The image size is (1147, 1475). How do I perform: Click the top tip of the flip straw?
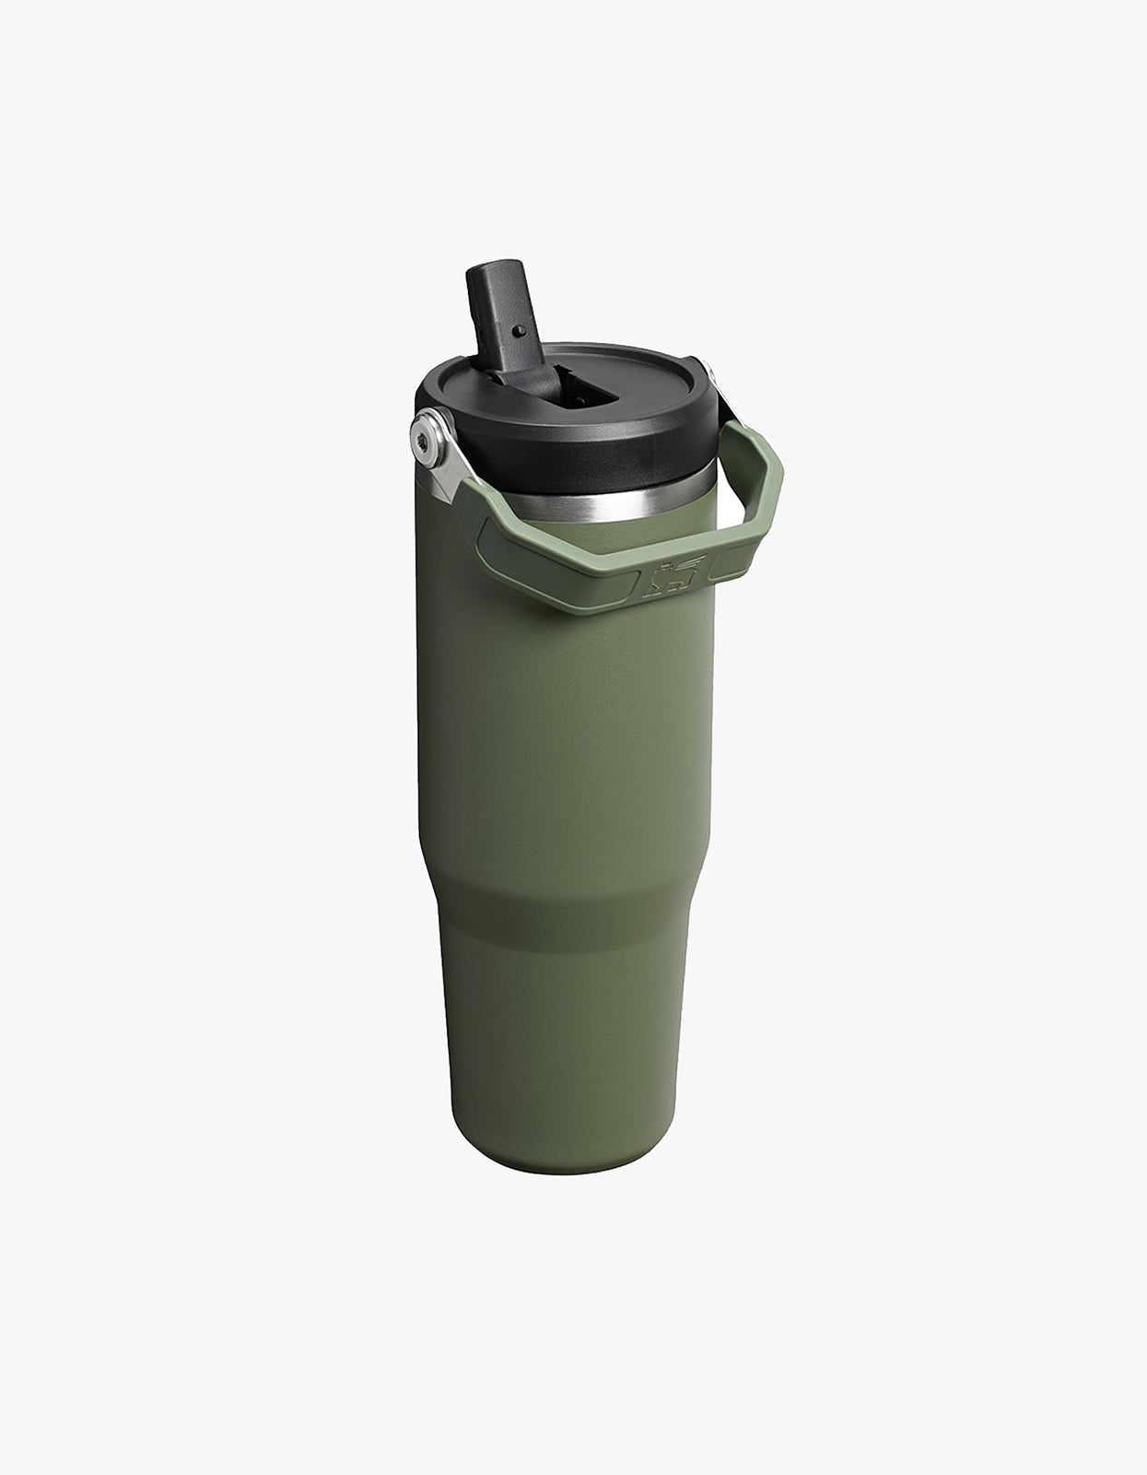489,273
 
